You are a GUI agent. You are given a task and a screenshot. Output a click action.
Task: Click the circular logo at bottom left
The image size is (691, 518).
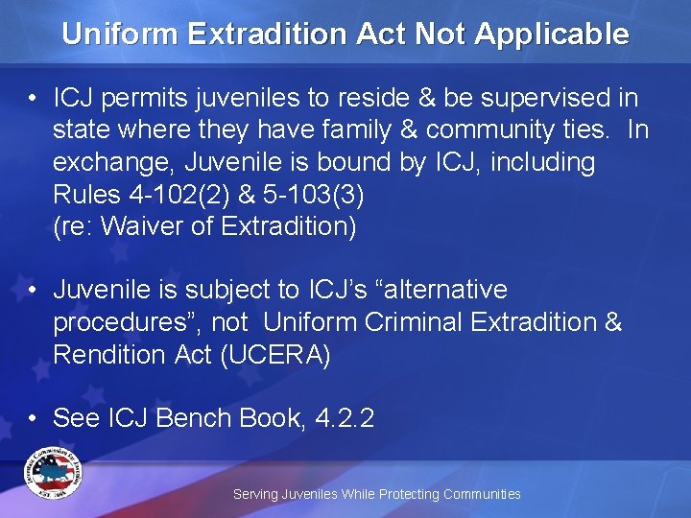pos(54,474)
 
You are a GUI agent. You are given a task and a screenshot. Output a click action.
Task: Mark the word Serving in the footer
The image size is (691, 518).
pos(255,494)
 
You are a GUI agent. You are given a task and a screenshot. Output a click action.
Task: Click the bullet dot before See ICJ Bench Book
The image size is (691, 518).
pos(34,418)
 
